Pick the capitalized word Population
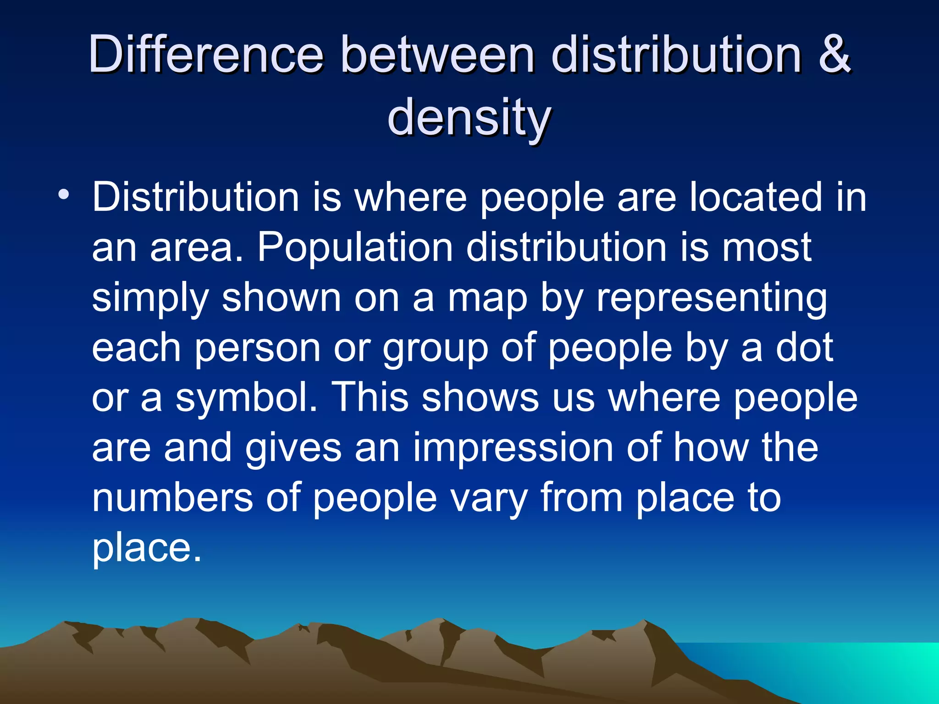click(x=355, y=247)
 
